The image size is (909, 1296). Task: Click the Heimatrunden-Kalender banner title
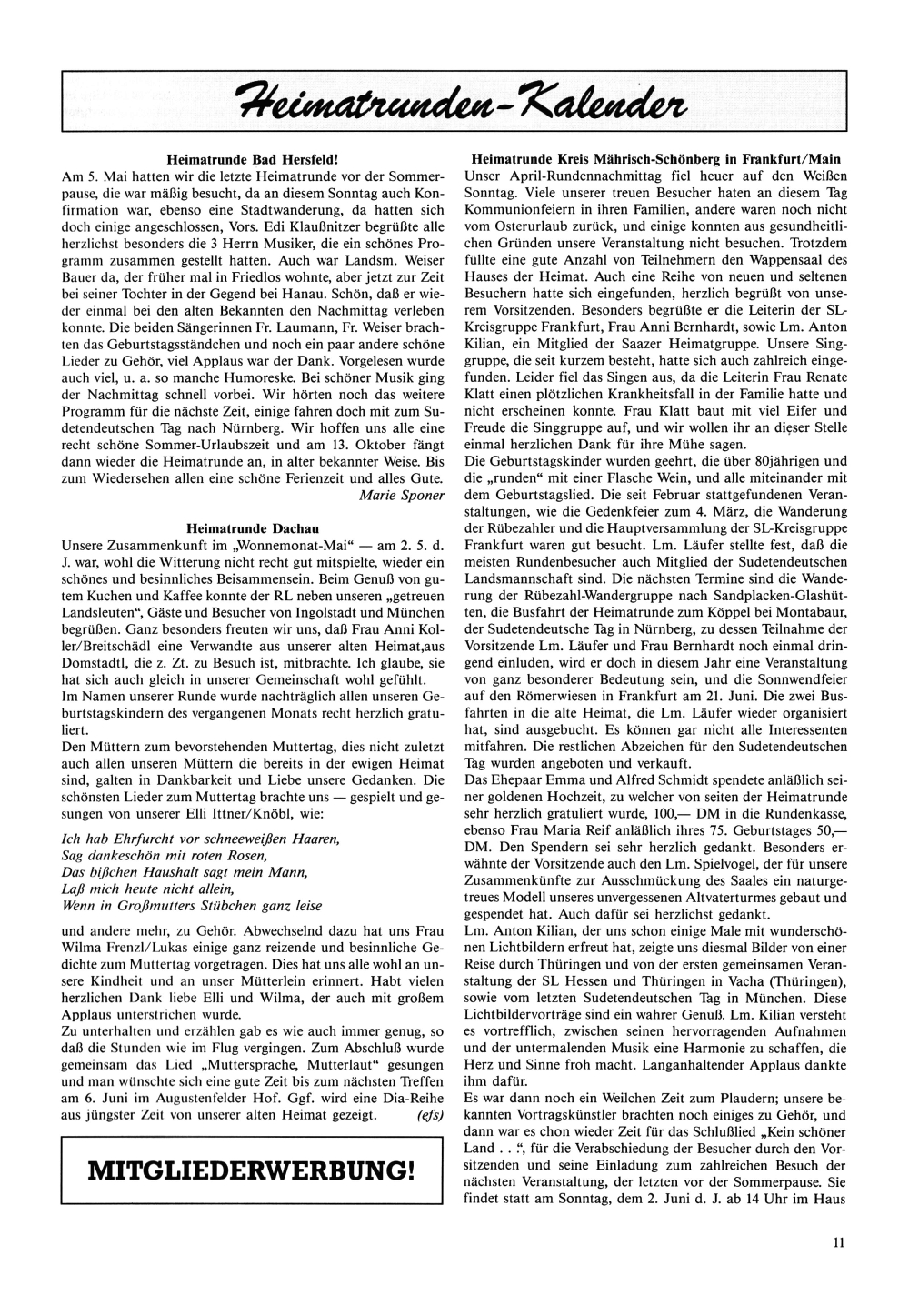454,97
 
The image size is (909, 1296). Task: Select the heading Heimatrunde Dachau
253,527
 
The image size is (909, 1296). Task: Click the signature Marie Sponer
402,496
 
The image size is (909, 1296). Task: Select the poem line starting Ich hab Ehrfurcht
200,838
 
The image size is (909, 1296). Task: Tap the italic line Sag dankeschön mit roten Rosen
183,855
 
